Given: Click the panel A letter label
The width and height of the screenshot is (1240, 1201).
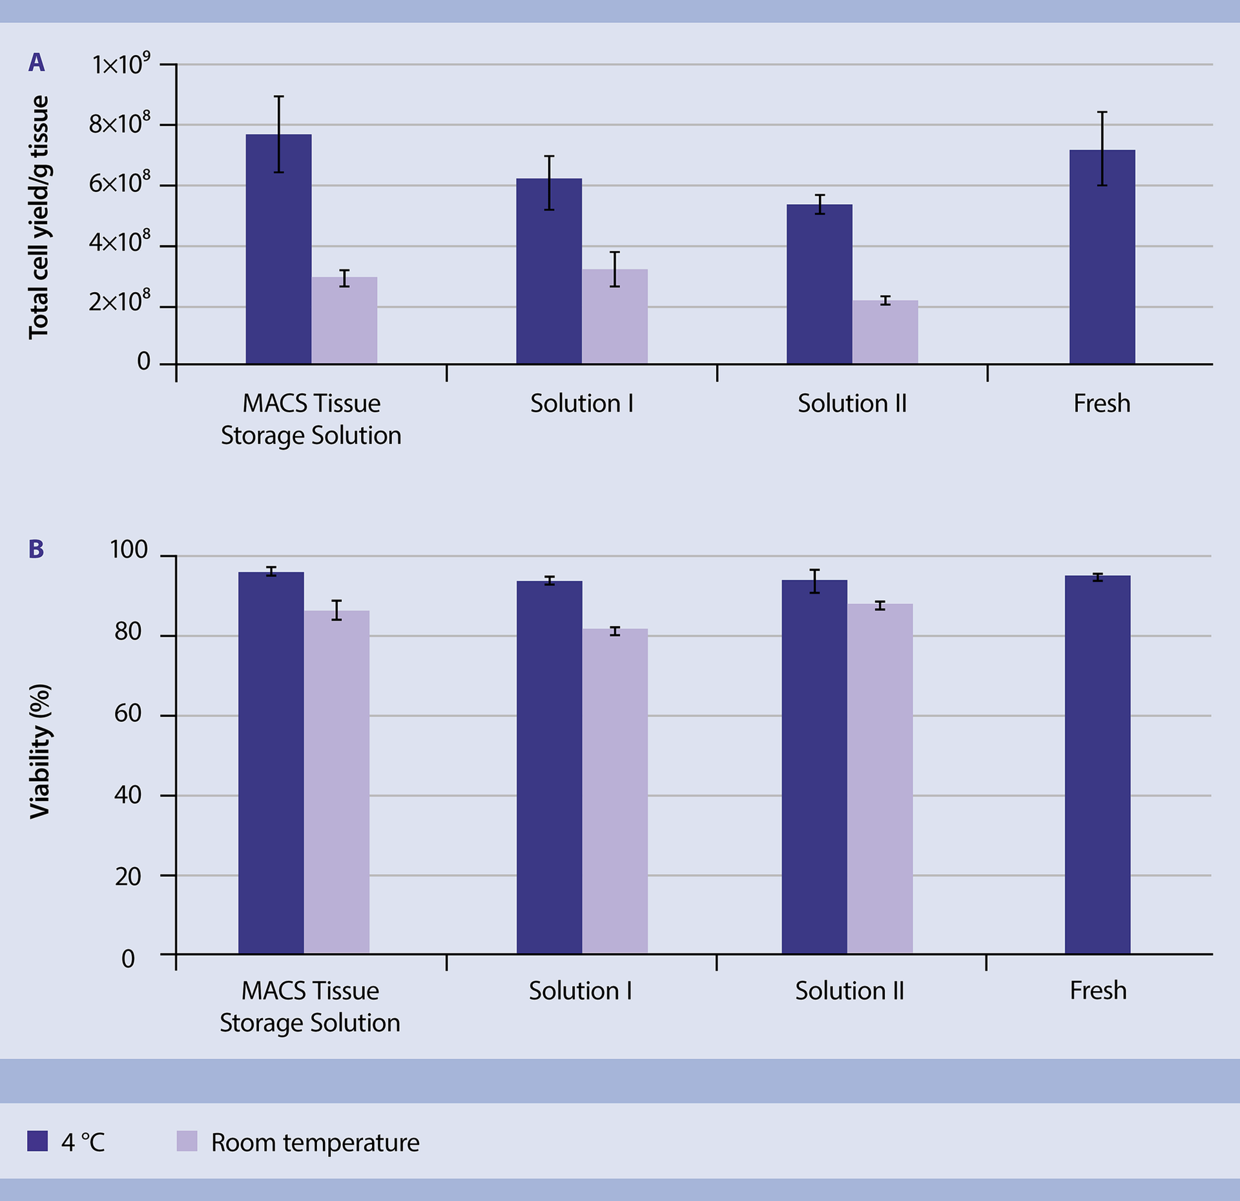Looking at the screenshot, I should point(37,63).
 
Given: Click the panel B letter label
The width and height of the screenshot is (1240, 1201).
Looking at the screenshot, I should point(36,549).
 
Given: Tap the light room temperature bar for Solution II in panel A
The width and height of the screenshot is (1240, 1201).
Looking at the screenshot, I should point(885,333).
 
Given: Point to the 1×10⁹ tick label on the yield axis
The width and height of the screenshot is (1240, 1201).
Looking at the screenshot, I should point(121,64).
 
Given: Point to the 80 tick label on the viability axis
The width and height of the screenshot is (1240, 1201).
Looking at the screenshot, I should point(128,631).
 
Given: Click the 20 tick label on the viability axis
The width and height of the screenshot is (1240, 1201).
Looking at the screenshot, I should point(128,877).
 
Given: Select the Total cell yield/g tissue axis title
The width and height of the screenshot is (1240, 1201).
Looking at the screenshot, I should point(39,217).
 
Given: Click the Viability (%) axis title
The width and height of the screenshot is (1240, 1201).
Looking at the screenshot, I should point(40,751).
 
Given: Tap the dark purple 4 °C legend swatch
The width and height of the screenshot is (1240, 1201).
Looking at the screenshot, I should point(37,1141).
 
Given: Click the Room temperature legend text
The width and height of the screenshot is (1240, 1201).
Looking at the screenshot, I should point(315,1143).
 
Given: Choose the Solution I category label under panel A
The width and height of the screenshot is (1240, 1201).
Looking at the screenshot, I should point(581,404).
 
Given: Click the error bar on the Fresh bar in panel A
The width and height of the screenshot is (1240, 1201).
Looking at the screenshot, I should point(1102,149).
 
